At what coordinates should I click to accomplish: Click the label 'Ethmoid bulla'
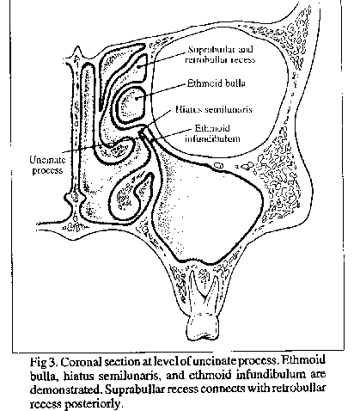[217, 83]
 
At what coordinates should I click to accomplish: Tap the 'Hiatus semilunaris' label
[214, 109]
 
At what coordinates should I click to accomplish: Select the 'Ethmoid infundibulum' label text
[212, 133]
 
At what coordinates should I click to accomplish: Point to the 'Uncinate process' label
[47, 165]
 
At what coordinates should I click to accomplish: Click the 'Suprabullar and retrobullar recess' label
[220, 54]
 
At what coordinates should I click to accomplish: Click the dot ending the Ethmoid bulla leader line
[137, 99]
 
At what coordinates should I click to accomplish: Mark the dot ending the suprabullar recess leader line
[138, 66]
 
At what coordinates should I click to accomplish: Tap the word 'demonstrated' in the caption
[65, 390]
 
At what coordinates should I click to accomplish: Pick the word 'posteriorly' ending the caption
[93, 404]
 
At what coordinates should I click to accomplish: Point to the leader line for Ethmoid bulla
[162, 91]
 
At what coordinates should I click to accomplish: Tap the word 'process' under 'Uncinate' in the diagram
[47, 170]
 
